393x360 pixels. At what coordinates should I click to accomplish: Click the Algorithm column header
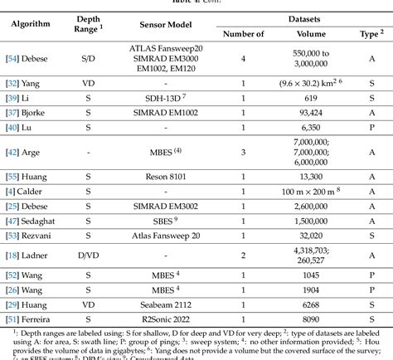[x=30, y=24]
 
